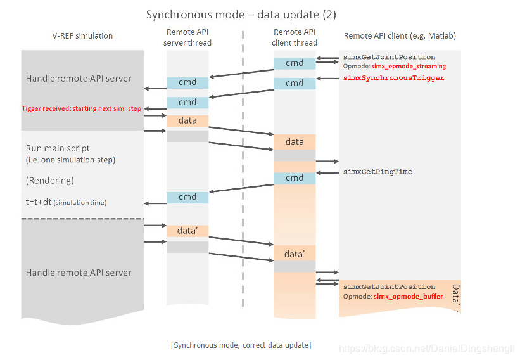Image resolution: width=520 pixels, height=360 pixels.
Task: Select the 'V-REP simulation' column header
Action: point(82,35)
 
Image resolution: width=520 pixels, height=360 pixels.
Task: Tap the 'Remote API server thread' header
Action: point(187,37)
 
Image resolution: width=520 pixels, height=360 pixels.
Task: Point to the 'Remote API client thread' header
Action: point(295,37)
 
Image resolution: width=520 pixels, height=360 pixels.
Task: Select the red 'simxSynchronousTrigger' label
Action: point(393,78)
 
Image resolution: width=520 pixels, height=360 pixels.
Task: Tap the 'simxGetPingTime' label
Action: point(377,172)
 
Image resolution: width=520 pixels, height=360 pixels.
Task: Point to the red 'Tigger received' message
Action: point(81,108)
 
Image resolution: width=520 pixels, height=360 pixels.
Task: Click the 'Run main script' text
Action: point(58,148)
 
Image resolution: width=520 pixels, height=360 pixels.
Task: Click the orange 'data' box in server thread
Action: point(187,120)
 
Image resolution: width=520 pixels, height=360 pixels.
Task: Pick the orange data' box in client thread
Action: point(295,254)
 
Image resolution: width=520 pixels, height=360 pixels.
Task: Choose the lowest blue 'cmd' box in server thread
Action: point(187,197)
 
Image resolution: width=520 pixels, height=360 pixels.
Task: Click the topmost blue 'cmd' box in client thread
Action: point(295,63)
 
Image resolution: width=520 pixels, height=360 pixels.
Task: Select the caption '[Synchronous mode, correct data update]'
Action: point(241,345)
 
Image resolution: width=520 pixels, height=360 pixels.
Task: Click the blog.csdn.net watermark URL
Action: point(428,349)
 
